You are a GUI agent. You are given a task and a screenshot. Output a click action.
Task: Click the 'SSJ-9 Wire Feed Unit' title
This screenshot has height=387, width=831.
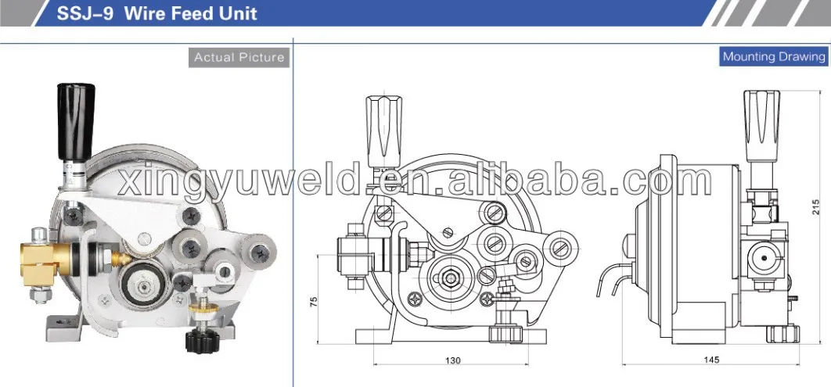(157, 14)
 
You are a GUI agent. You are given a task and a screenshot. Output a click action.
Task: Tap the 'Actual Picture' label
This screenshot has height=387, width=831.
(239, 57)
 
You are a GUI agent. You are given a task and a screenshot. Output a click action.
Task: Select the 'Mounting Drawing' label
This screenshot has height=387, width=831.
(773, 56)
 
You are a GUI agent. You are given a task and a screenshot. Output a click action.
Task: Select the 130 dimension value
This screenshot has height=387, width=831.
(452, 360)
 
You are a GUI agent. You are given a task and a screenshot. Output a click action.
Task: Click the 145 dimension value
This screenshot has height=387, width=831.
(710, 360)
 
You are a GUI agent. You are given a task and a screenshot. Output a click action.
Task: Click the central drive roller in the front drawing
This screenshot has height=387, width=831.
(451, 275)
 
